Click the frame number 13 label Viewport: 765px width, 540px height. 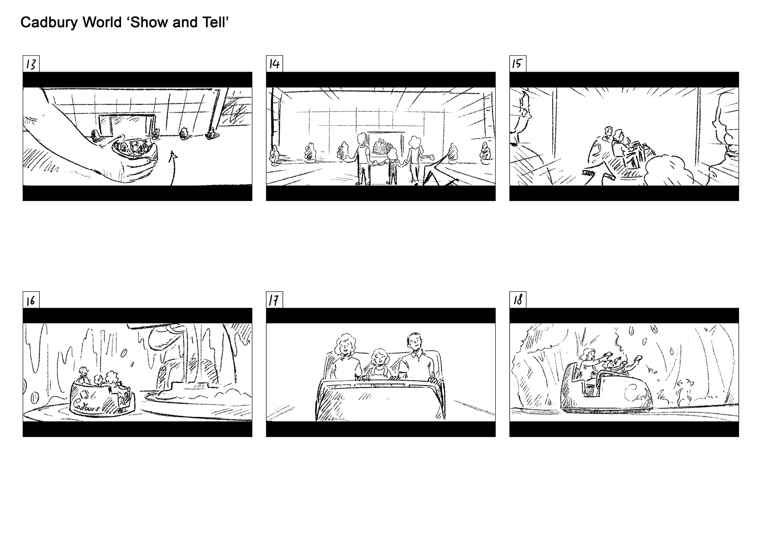[x=31, y=64]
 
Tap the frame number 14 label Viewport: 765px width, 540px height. [x=275, y=64]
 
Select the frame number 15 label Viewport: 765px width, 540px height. [x=518, y=64]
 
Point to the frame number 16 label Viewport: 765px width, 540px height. [x=31, y=300]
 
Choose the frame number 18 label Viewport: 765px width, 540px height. [x=518, y=300]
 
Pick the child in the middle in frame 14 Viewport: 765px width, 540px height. [x=392, y=166]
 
